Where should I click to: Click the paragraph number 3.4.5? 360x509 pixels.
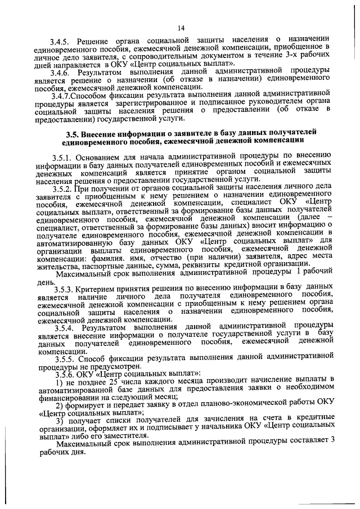[x=60, y=44]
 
